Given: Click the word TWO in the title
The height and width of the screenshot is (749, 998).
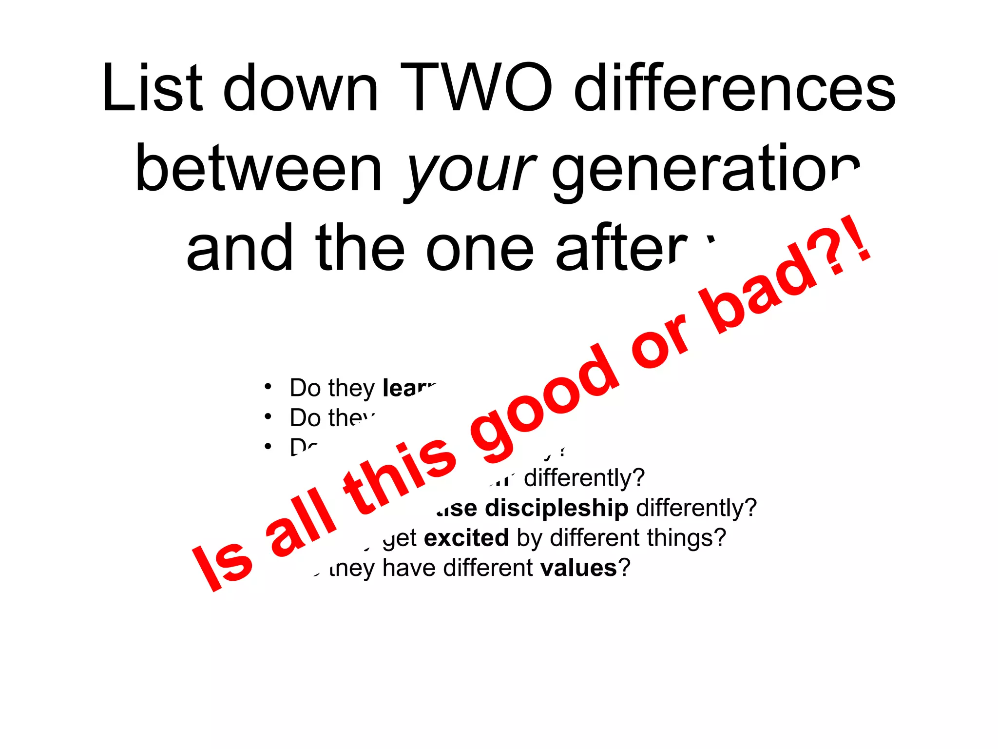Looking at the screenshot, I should tap(476, 89).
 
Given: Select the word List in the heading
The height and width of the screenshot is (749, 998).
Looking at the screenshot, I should tap(152, 89).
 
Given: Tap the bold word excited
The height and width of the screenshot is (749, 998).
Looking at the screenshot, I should tap(466, 538).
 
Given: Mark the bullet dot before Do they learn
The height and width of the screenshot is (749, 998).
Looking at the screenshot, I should tap(268, 387).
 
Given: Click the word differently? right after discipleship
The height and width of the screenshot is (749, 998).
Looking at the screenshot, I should tap(696, 508).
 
